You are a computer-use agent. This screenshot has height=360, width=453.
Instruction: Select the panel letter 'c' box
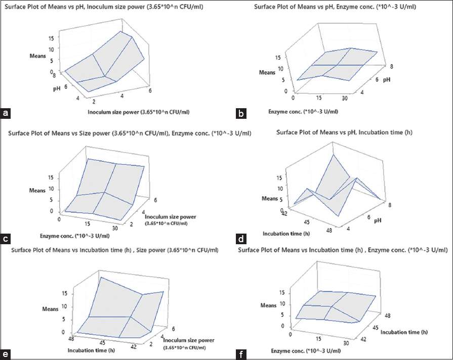tap(6, 237)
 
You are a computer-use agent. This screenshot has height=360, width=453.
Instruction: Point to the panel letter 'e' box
tap(6, 353)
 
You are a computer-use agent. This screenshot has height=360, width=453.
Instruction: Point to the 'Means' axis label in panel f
tap(268, 305)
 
